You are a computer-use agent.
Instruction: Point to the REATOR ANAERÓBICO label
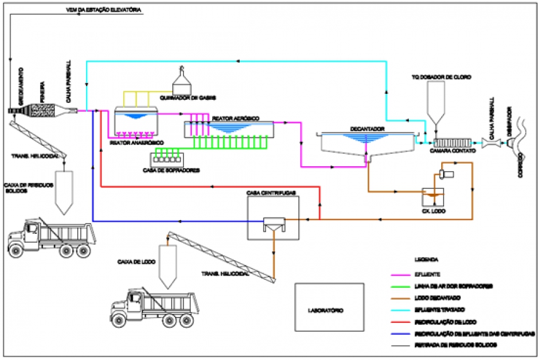click(x=136, y=144)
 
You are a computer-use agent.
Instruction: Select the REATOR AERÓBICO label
click(x=236, y=118)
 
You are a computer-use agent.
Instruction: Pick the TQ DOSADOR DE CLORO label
click(x=442, y=77)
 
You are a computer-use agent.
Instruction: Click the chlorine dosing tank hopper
click(x=437, y=104)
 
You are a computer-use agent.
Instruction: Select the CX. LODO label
click(x=433, y=211)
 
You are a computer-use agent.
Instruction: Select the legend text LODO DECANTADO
click(x=439, y=297)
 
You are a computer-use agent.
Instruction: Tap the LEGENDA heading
click(x=427, y=260)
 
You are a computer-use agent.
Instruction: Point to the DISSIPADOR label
click(x=510, y=123)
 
